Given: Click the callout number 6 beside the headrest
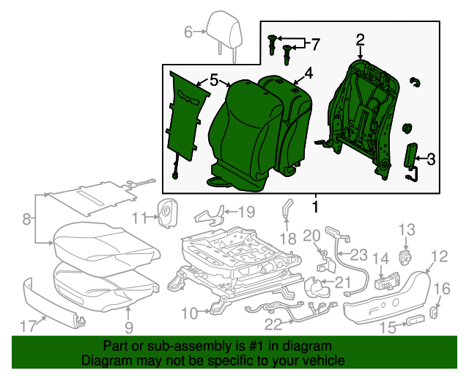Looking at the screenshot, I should pyautogui.click(x=188, y=32).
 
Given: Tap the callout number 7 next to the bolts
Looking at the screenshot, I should pyautogui.click(x=315, y=45).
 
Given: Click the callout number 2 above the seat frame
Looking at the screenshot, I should pyautogui.click(x=361, y=40).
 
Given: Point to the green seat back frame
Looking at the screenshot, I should pyautogui.click(x=359, y=117).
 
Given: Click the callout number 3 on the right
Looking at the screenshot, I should pyautogui.click(x=431, y=158).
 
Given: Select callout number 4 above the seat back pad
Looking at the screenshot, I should pyautogui.click(x=309, y=73).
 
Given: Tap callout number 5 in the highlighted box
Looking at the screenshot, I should pyautogui.click(x=213, y=79).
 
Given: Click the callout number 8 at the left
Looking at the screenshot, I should pyautogui.click(x=27, y=218).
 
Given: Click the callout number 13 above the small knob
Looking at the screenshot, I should pyautogui.click(x=406, y=230).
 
